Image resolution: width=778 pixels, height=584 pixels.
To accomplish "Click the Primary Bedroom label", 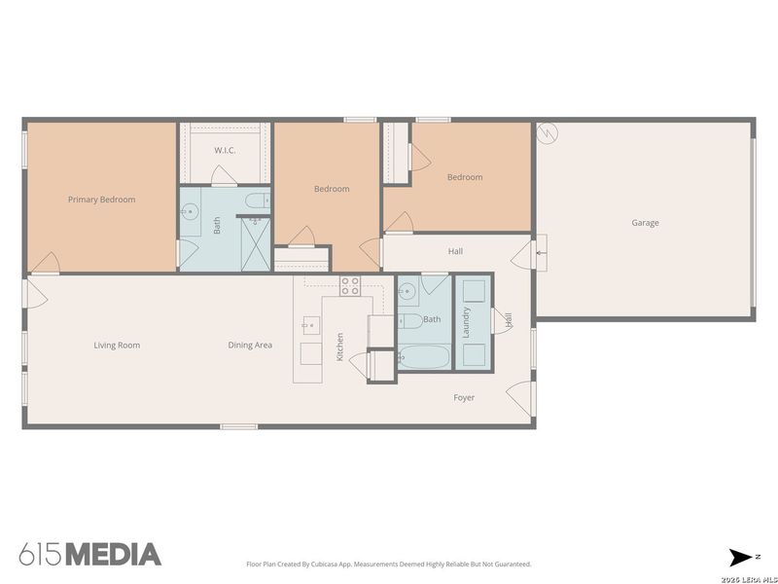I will pos(101,200).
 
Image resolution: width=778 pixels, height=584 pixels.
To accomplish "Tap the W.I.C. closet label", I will pos(225,150).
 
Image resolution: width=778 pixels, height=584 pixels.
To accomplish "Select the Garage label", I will pos(645,223).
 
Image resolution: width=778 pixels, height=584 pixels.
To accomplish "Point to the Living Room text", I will pos(117,345).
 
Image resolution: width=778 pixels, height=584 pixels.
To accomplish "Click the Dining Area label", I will pos(250,345).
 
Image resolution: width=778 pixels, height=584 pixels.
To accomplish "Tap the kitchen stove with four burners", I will pos(350,285).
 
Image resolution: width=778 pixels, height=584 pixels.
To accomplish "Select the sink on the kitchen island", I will pos(310,323).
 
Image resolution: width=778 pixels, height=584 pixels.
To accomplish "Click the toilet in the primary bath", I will pos(255,201).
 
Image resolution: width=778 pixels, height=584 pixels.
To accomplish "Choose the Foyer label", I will pos(464,397).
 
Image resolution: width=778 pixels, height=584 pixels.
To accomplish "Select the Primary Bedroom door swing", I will pos(45,261).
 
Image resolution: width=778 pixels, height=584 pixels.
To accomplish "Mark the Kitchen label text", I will pos(339,347).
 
